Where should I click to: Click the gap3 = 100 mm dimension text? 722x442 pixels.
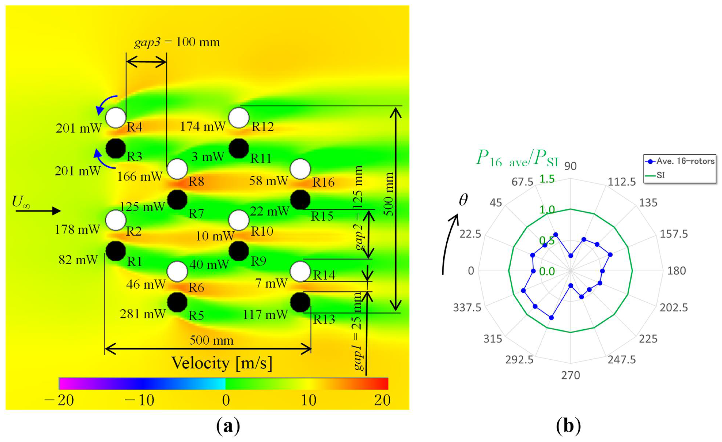coord(177,42)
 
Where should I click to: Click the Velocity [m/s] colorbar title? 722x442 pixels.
coord(222,363)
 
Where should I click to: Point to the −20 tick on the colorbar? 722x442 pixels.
coord(59,400)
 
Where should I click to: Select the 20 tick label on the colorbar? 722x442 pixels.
coord(382,400)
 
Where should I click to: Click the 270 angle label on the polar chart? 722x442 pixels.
coord(571,375)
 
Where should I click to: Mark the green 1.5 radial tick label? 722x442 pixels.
coord(547,179)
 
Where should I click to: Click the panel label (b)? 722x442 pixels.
coord(568,426)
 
